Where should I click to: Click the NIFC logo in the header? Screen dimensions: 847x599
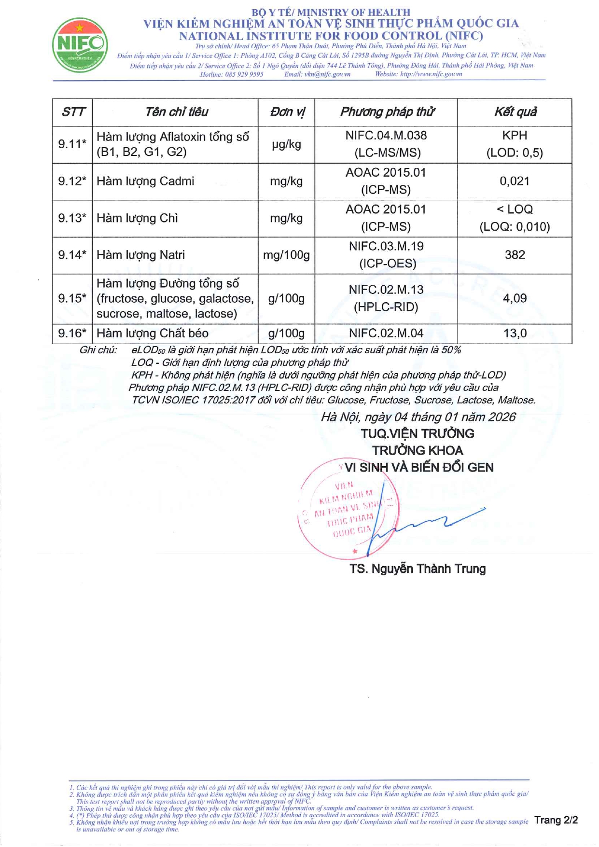click(x=80, y=45)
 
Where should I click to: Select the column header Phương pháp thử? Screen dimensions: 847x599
click(x=387, y=112)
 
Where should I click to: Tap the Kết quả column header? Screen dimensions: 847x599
click(x=515, y=112)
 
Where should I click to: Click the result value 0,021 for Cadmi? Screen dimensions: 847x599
click(x=515, y=181)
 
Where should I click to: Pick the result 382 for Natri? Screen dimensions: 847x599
click(x=515, y=255)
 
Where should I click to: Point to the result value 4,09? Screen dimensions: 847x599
click(x=515, y=298)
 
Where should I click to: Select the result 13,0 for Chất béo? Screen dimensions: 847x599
click(x=515, y=333)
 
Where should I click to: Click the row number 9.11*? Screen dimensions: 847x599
click(x=72, y=144)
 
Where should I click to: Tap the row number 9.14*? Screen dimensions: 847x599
click(x=72, y=255)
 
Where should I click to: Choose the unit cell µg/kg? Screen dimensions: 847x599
click(x=286, y=144)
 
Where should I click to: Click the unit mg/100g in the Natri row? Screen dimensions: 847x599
click(x=286, y=255)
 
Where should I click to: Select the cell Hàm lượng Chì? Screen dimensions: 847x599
click(x=138, y=218)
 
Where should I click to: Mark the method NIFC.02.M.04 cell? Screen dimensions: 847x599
click(x=386, y=333)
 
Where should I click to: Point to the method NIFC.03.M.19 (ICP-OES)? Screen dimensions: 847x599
click(x=386, y=255)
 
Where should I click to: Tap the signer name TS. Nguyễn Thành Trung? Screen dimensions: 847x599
click(x=418, y=569)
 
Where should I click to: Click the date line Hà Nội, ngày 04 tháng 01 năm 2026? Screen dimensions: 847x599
click(x=418, y=417)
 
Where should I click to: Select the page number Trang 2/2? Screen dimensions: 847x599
click(x=556, y=820)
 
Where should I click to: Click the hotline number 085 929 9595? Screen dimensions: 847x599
click(x=244, y=74)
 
